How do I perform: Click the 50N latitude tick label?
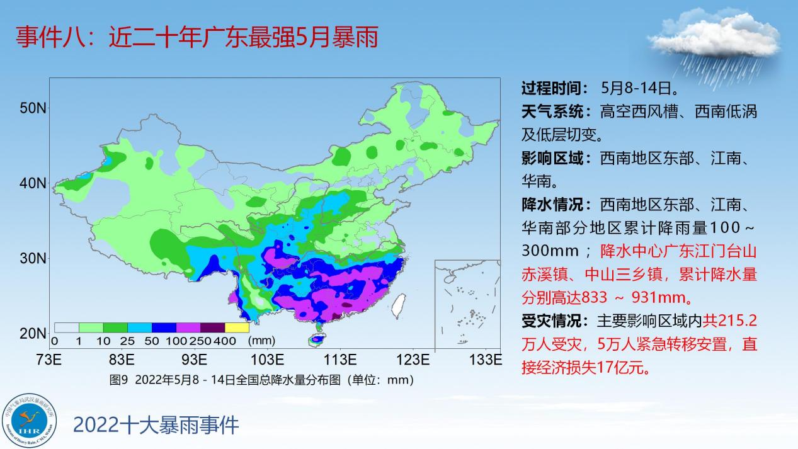(33, 108)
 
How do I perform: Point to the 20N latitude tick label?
(33, 334)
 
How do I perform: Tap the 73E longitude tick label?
(48, 360)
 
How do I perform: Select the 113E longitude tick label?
(340, 360)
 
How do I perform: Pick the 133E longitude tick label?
(486, 360)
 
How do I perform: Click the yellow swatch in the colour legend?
(237, 327)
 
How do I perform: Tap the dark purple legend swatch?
(213, 327)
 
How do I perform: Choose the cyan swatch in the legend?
(140, 327)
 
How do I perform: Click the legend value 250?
(200, 341)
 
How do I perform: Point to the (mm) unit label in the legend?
(261, 341)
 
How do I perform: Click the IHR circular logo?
(29, 421)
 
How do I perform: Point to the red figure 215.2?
(737, 321)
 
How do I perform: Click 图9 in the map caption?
(118, 380)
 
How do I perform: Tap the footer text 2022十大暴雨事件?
(156, 425)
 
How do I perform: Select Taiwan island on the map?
(399, 305)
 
